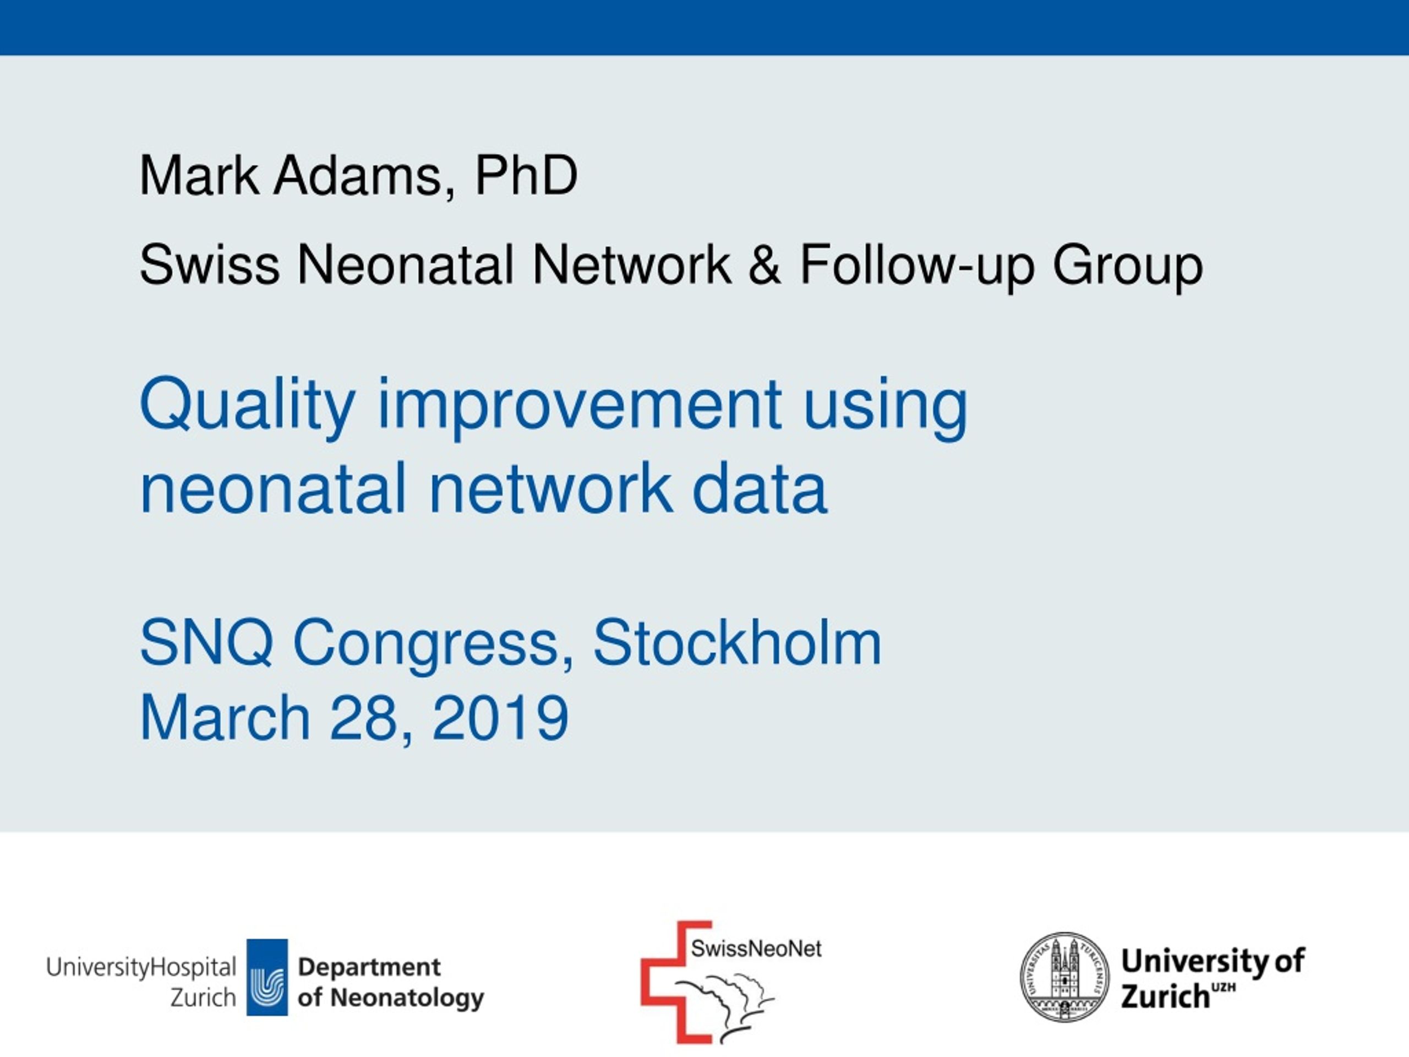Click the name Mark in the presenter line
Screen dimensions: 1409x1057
pos(199,175)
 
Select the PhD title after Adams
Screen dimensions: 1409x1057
pos(526,175)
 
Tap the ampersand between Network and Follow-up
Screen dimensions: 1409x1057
pos(764,264)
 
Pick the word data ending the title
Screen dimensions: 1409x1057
pos(760,488)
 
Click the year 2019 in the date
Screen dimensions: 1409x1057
pos(500,717)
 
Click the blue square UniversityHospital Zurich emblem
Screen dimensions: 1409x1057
pos(267,977)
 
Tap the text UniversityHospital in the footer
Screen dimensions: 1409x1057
pos(141,967)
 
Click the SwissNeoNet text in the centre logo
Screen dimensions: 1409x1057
pos(757,949)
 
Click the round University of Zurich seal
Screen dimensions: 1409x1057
pos(1064,977)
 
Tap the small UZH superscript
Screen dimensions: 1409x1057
pos(1224,988)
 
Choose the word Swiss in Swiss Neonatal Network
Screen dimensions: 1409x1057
pos(210,264)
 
